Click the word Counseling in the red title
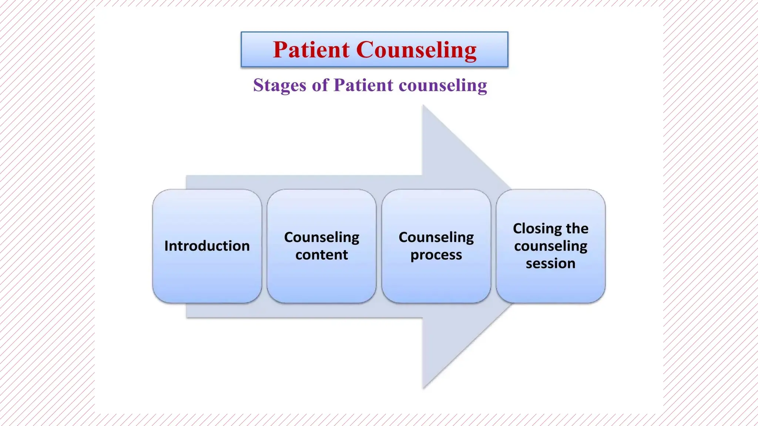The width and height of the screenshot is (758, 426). pos(416,50)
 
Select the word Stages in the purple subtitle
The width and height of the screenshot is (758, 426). pos(279,85)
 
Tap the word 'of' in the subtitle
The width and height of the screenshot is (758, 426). pos(320,85)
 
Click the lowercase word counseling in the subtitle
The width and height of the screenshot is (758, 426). pos(443,85)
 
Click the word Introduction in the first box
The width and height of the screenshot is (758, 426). pos(207,246)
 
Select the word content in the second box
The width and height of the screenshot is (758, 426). pos(321,255)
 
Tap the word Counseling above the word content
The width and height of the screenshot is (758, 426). pos(321,237)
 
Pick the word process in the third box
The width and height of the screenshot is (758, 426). pos(436,255)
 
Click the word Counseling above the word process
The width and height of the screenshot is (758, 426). pos(436,237)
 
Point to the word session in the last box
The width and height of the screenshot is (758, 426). pos(550,263)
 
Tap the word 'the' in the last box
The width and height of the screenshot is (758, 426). pos(577,229)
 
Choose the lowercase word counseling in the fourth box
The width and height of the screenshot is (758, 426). pos(550,246)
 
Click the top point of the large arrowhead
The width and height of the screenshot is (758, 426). pos(423,106)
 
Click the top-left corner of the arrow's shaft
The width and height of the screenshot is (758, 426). pos(187,176)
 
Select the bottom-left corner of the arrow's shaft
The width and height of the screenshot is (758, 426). pos(187,317)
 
